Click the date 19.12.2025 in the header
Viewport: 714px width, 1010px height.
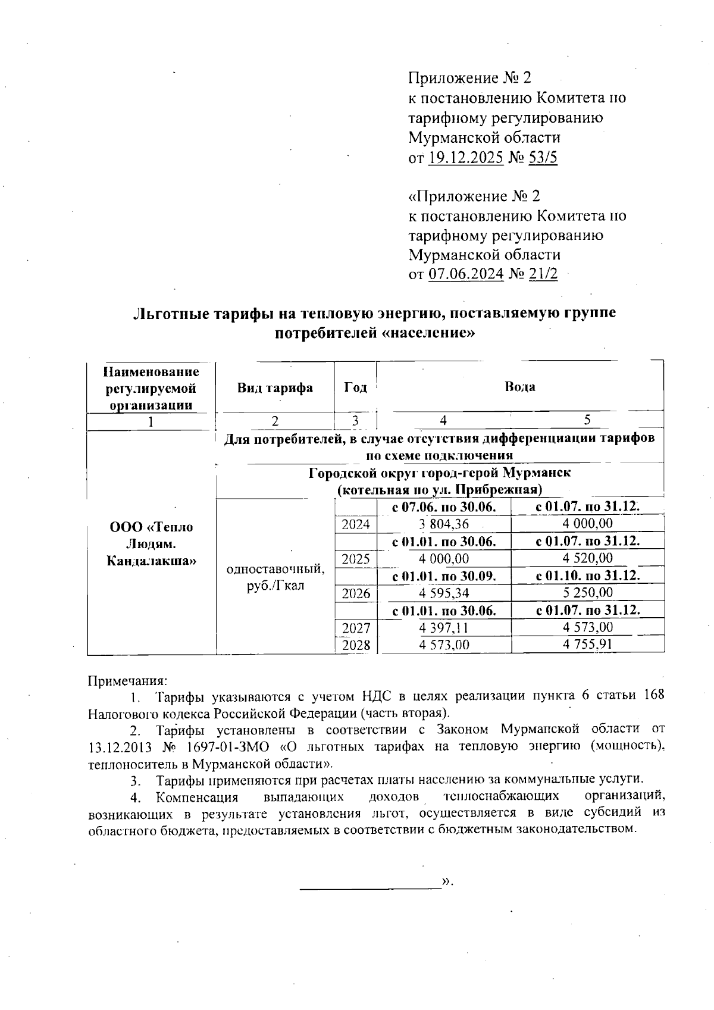point(466,158)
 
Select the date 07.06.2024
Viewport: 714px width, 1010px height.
point(466,274)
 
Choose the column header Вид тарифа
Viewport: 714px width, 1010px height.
point(275,388)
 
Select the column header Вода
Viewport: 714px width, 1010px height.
point(520,387)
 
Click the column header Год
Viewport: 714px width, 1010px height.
point(355,387)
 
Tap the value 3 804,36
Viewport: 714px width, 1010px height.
point(444,524)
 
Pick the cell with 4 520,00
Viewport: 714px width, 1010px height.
point(587,558)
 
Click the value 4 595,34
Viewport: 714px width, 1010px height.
point(444,593)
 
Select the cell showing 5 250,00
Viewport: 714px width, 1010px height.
point(587,593)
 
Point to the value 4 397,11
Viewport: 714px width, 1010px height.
point(444,628)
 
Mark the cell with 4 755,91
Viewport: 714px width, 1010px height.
point(587,645)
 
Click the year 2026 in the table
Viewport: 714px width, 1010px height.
point(355,593)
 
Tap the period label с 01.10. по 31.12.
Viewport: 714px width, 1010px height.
point(587,576)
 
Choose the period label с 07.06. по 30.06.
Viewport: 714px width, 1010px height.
point(444,507)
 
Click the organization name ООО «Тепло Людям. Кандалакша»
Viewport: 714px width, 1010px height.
point(151,543)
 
